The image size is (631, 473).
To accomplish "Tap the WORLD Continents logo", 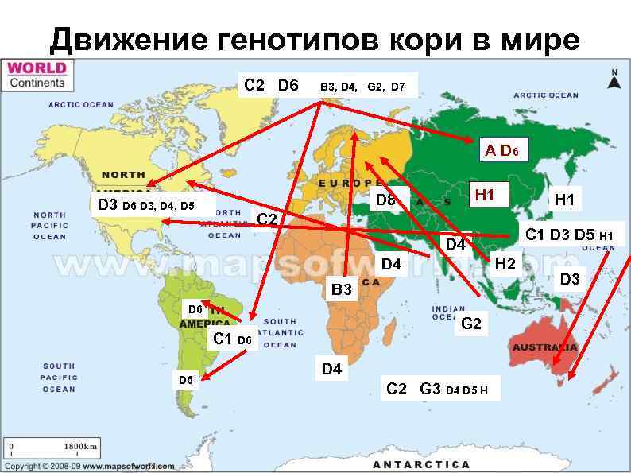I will [x=37, y=75].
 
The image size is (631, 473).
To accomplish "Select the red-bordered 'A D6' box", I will [x=502, y=150].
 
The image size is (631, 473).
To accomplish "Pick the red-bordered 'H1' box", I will [x=485, y=195].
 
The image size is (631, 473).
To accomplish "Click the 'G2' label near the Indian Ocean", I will [x=471, y=324].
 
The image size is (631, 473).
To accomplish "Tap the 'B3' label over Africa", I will [x=341, y=290].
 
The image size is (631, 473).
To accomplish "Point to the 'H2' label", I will [x=505, y=264].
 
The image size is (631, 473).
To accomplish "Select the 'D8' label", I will [x=385, y=200].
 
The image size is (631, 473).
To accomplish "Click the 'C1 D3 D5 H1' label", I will [x=569, y=235].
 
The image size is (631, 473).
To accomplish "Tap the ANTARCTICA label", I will [x=421, y=463].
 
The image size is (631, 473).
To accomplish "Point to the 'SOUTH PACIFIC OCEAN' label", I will [x=60, y=378].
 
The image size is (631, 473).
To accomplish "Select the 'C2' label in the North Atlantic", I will [x=267, y=218].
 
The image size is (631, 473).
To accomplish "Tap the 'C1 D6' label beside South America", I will [x=232, y=339].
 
